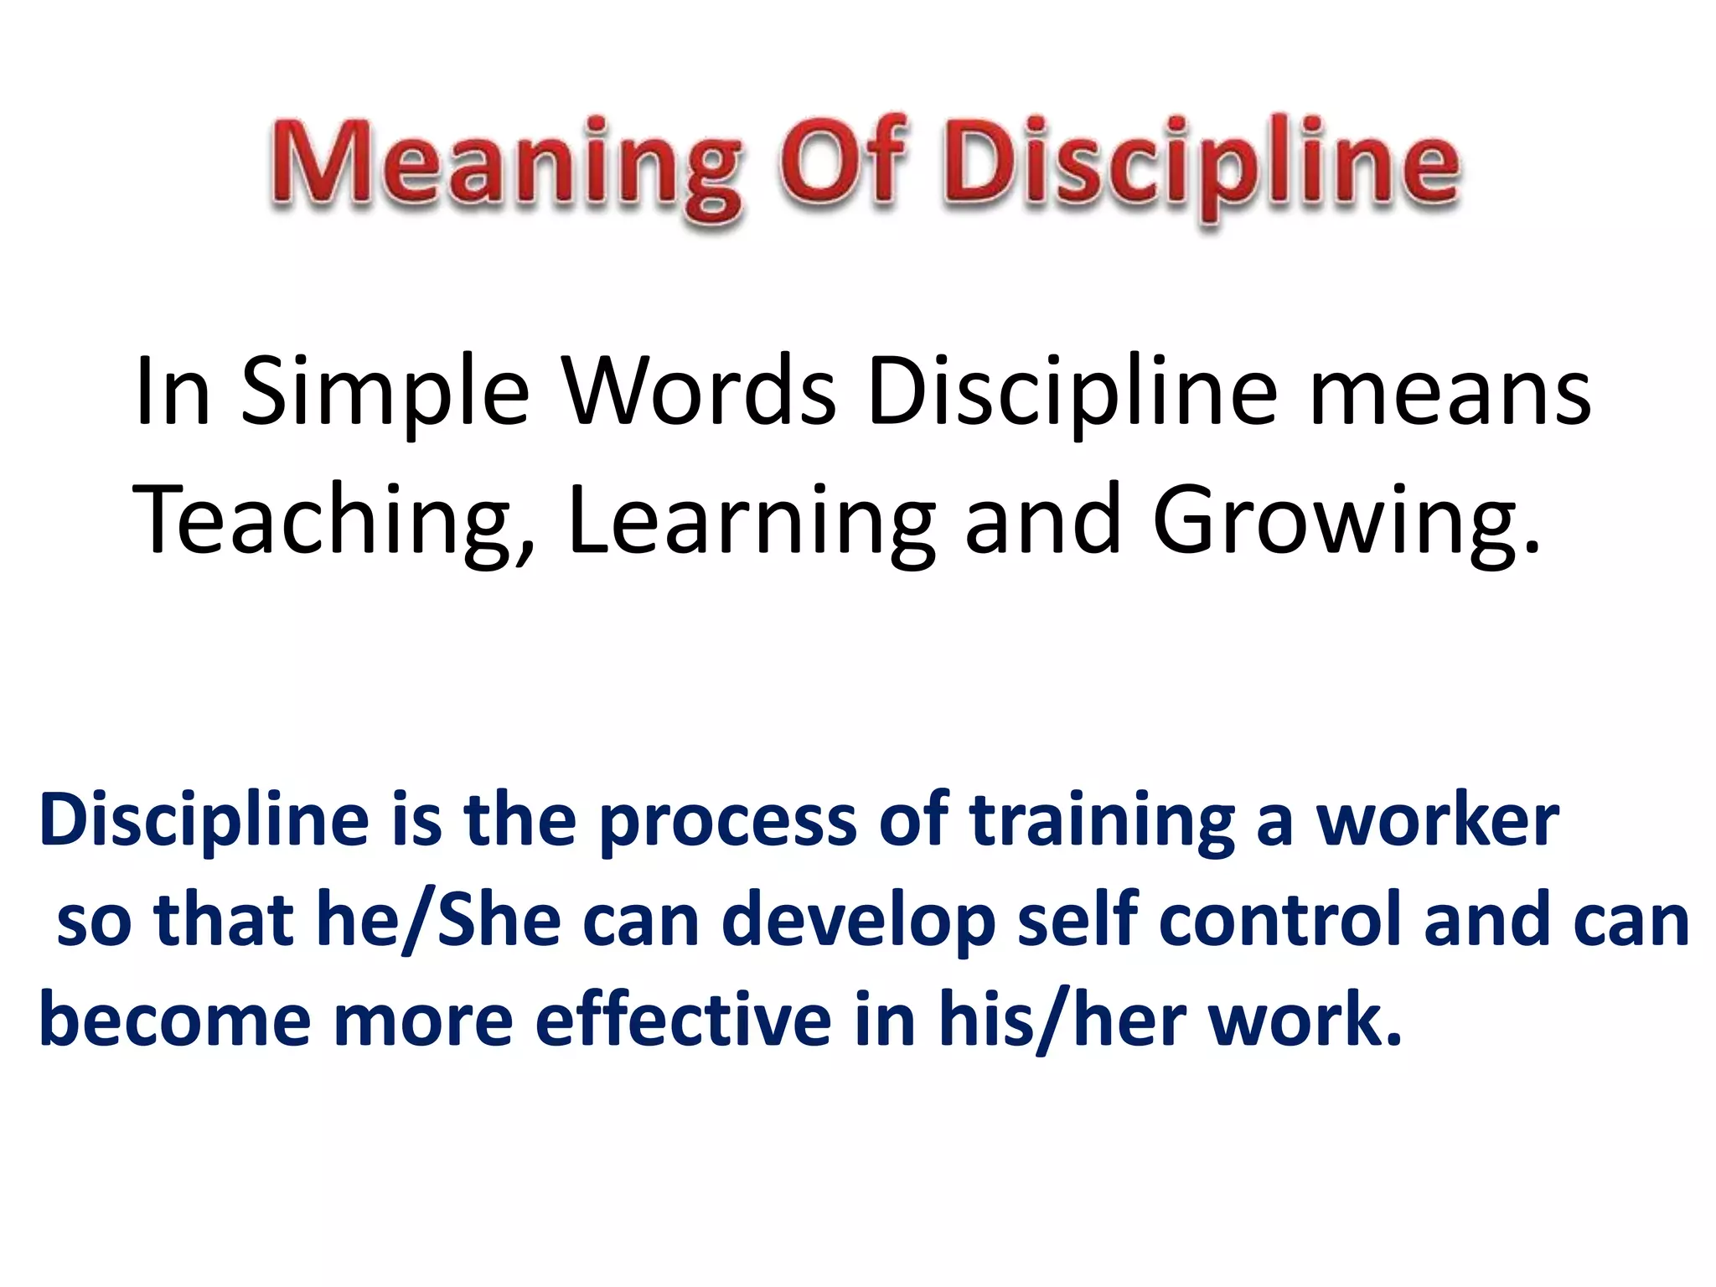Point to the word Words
(x=700, y=390)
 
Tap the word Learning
(x=751, y=521)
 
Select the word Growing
(x=1346, y=521)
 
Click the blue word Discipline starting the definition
(x=204, y=821)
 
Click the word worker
(x=1438, y=821)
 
